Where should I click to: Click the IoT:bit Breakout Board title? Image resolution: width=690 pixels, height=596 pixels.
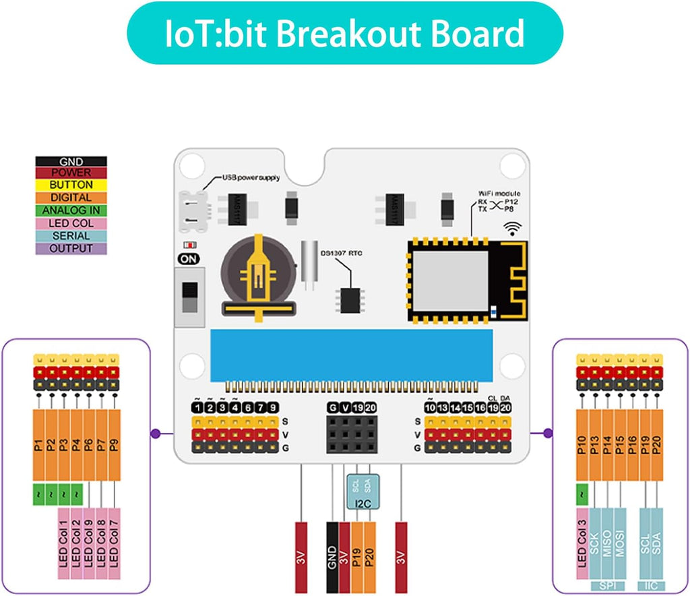point(344,34)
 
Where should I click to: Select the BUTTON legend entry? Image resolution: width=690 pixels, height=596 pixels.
point(71,185)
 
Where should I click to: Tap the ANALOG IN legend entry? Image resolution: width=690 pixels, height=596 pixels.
point(71,210)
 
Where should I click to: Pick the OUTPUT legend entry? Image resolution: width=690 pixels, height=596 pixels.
point(71,248)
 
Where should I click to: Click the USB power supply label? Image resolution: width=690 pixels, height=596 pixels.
point(251,178)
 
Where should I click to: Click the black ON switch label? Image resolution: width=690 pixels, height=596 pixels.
point(189,258)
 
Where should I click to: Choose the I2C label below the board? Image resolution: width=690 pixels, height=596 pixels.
point(363,503)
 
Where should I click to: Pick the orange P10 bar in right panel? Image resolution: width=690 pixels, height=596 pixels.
point(583,444)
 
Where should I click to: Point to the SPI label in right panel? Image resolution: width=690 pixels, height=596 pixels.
point(608,585)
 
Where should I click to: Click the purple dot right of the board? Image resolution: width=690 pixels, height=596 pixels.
point(547,433)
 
